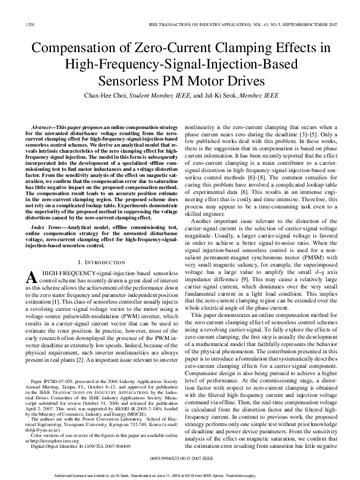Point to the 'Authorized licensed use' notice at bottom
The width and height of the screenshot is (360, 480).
coord(180,475)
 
